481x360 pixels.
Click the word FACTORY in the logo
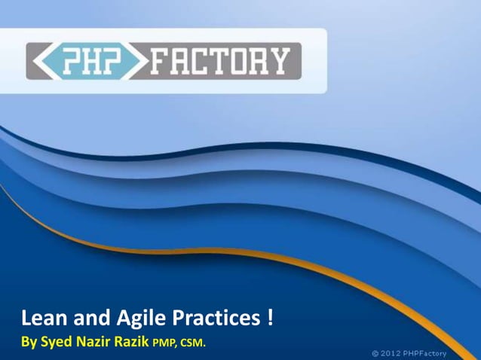pyautogui.click(x=219, y=62)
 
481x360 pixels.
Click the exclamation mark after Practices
pyautogui.click(x=269, y=319)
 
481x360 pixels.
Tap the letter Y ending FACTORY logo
pyautogui.click(x=280, y=62)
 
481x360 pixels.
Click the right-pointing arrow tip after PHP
pyautogui.click(x=143, y=62)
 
